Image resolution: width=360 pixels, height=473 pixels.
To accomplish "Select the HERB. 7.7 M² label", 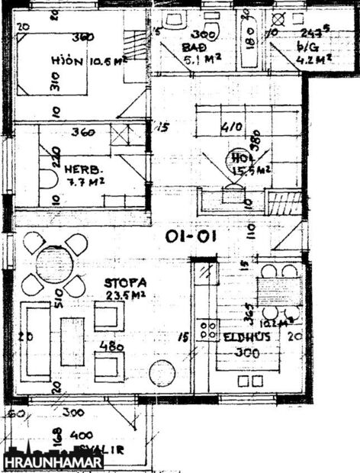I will coord(83,175).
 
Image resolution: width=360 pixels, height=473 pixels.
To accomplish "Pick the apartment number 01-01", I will coord(191,236).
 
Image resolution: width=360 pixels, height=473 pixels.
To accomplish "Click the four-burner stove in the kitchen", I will coord(207,330).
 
